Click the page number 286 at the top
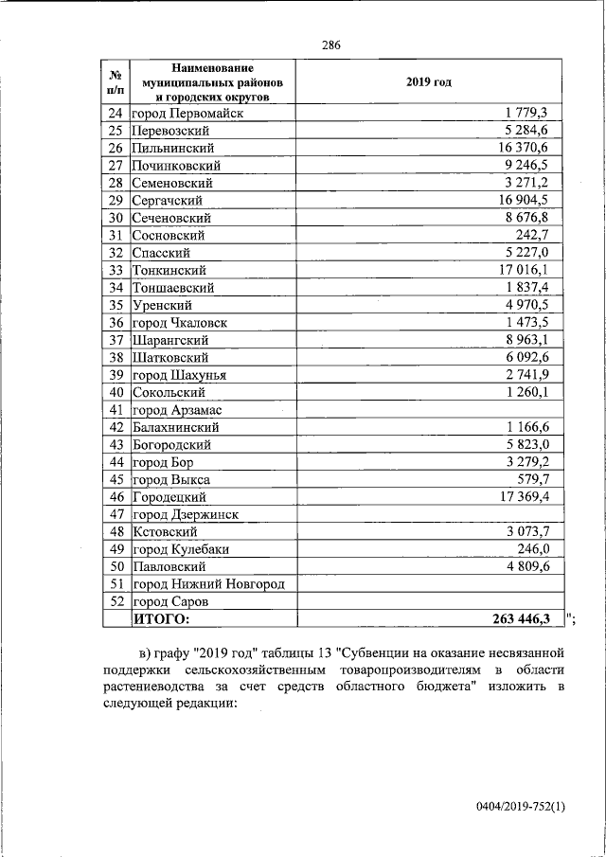pyautogui.click(x=330, y=45)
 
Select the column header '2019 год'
pyautogui.click(x=429, y=82)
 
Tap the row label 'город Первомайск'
pyautogui.click(x=187, y=114)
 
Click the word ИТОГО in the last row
pyautogui.click(x=161, y=619)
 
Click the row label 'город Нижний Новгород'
pyautogui.click(x=208, y=584)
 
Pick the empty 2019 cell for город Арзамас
pyautogui.click(x=429, y=410)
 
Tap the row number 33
pyautogui.click(x=116, y=271)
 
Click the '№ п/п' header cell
pyautogui.click(x=116, y=82)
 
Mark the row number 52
pyautogui.click(x=116, y=601)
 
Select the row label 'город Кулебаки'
pyautogui.click(x=181, y=549)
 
